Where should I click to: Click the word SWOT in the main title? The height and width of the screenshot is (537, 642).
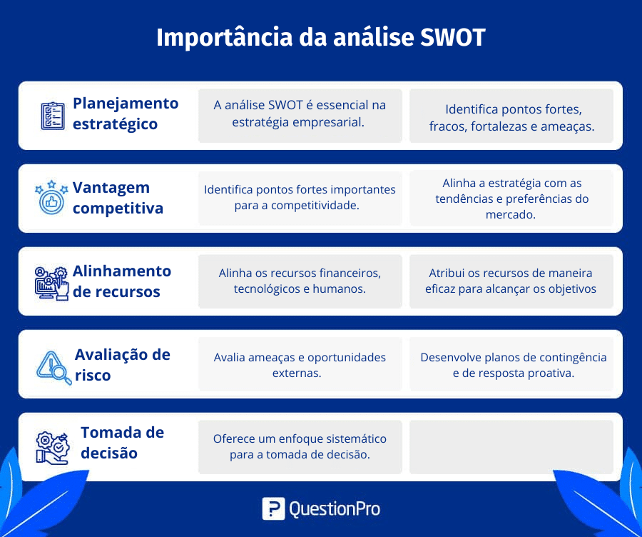point(452,37)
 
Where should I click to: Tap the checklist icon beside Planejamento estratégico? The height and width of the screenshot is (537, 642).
point(53,116)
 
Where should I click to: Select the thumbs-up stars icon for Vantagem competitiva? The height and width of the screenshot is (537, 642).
point(51,197)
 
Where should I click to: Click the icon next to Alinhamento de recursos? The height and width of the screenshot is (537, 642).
point(51,283)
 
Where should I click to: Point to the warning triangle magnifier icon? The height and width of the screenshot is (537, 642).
point(53,367)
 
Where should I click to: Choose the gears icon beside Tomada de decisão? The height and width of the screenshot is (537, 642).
point(52,447)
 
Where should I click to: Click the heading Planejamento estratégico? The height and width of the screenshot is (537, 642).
point(126,114)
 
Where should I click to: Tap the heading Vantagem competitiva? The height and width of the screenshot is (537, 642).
point(118,198)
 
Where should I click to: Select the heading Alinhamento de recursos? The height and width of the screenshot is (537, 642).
point(121,281)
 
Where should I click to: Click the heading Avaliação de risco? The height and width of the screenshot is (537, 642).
point(122,365)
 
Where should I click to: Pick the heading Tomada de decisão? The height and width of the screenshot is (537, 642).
point(122,443)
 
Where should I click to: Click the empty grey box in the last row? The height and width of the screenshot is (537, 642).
point(511,447)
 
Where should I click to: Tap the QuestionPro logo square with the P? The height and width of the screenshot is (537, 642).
point(273,508)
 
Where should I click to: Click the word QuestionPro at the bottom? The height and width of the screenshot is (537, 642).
point(335,509)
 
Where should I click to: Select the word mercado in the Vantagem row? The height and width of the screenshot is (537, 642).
point(511,214)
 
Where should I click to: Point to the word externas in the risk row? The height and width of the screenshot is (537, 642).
point(297,373)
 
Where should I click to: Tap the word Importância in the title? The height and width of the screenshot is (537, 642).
point(225,37)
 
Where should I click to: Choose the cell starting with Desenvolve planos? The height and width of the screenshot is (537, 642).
point(511,364)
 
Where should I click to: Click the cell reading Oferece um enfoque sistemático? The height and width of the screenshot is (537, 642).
point(300,447)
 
